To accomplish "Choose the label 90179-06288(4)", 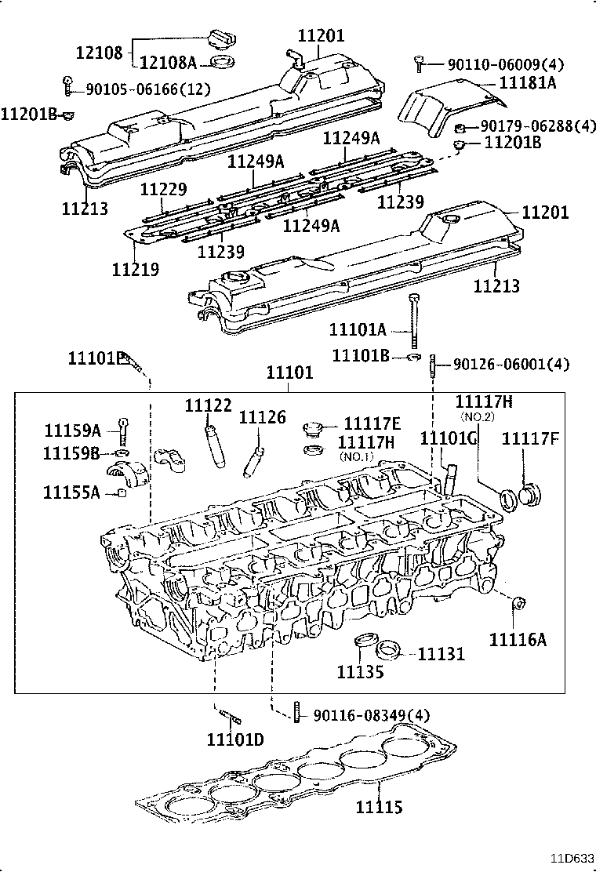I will tap(537, 125).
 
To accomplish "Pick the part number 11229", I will tap(163, 191).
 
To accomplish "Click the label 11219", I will tap(136, 269).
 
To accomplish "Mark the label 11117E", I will tap(372, 423).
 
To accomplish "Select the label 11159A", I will tap(72, 431).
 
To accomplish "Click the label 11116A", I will tap(517, 639).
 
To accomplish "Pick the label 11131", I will tap(441, 653).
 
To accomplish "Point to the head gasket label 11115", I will tap(380, 806).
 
